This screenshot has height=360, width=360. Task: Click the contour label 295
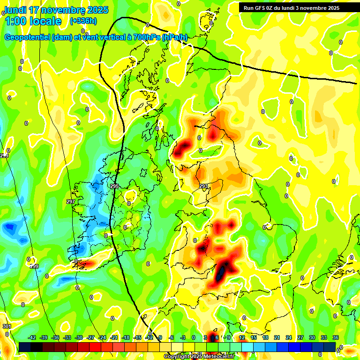point(114,186)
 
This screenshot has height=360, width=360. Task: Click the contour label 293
point(203,186)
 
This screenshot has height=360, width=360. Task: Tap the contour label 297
point(71,202)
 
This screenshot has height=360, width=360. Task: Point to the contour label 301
point(7,326)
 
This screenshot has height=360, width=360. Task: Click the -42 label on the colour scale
point(32,337)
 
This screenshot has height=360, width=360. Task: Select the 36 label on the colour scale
point(336,337)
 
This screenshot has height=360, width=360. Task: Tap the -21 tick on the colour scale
point(114,337)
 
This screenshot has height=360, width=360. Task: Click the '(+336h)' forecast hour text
point(83,21)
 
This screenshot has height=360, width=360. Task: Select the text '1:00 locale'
point(33,21)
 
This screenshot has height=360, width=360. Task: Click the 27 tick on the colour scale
point(300,337)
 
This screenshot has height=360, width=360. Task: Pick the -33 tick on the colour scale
point(67,337)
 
